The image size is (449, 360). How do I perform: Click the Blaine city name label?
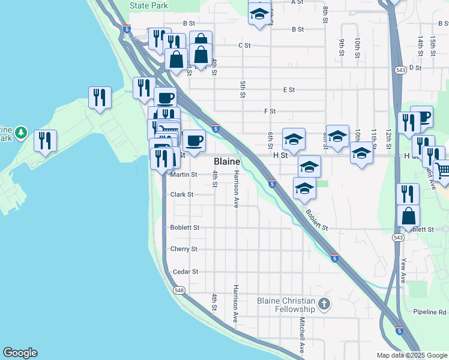[x=228, y=162]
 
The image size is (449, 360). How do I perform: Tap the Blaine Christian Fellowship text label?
[x=286, y=305]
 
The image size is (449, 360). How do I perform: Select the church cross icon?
[x=325, y=303]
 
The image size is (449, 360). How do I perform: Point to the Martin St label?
[x=184, y=175]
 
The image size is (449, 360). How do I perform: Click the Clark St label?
[x=182, y=194]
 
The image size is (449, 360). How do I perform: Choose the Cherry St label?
[x=184, y=249]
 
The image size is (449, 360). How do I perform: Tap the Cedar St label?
[x=185, y=272]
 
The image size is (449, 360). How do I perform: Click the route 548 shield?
[x=179, y=290]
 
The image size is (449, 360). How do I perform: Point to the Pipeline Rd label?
[x=430, y=312]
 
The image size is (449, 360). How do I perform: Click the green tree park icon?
[x=21, y=131]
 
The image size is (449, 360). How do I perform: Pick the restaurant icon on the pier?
[x=45, y=140]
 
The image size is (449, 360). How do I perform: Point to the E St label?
[x=289, y=89]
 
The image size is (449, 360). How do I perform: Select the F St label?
[x=270, y=111]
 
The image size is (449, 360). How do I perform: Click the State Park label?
[x=149, y=5]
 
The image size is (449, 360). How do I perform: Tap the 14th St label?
[x=420, y=44]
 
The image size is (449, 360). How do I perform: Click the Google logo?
[x=20, y=353]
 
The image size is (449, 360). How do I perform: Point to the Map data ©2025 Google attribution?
[x=411, y=355]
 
